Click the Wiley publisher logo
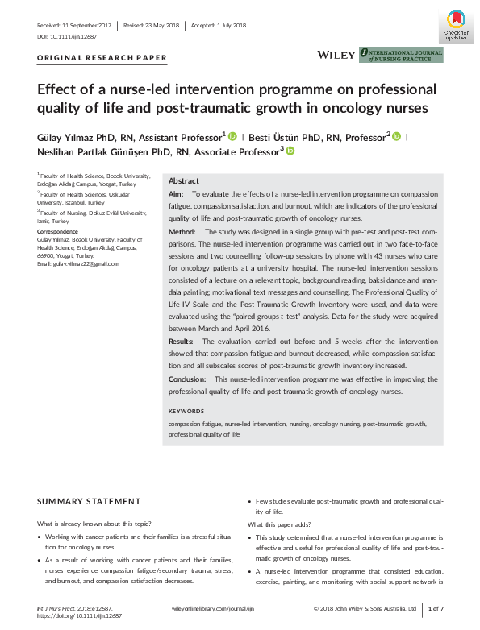pyautogui.click(x=335, y=54)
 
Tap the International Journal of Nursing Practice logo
pyautogui.click(x=400, y=54)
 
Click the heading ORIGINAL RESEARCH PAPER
pyautogui.click(x=102, y=58)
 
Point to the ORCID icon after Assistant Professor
pyautogui.click(x=233, y=136)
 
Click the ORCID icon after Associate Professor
pyautogui.click(x=290, y=151)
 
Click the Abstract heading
pyautogui.click(x=183, y=181)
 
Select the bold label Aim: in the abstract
pyautogui.click(x=176, y=195)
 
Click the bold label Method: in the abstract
pyautogui.click(x=182, y=231)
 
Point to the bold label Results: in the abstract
pyautogui.click(x=182, y=342)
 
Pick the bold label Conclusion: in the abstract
pyautogui.click(x=187, y=379)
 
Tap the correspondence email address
pyautogui.click(x=77, y=263)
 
